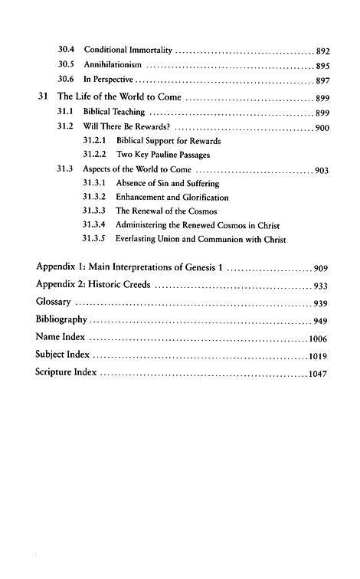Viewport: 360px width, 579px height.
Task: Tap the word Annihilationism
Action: [112, 65]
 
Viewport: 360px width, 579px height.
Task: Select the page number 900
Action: [322, 128]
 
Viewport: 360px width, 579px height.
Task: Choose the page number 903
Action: [322, 170]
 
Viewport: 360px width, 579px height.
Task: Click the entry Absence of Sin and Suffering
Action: [167, 184]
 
